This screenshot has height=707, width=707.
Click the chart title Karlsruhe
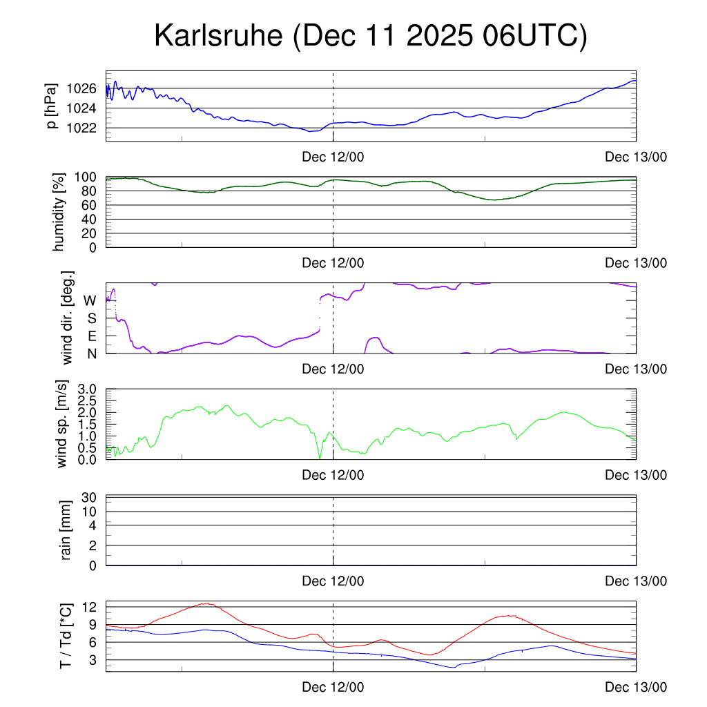pyautogui.click(x=370, y=36)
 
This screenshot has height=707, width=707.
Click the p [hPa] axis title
pyautogui.click(x=52, y=106)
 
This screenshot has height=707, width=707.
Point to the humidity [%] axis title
pyautogui.click(x=58, y=212)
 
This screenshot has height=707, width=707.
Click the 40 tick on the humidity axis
pyautogui.click(x=90, y=219)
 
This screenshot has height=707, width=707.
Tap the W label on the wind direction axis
pyautogui.click(x=90, y=301)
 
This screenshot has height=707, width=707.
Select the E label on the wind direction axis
pyautogui.click(x=91, y=336)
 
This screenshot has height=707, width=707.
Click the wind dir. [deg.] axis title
pyautogui.click(x=68, y=318)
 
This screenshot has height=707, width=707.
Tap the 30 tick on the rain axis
pyautogui.click(x=90, y=498)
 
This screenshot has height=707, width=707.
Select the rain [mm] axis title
pyautogui.click(x=67, y=530)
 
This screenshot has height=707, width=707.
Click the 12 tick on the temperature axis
pyautogui.click(x=90, y=607)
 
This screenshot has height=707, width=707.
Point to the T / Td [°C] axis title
pyautogui.click(x=66, y=635)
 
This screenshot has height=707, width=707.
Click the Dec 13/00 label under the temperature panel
pyautogui.click(x=636, y=688)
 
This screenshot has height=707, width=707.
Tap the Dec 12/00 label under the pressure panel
pyautogui.click(x=333, y=157)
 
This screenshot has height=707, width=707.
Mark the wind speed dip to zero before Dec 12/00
pyautogui.click(x=320, y=458)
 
